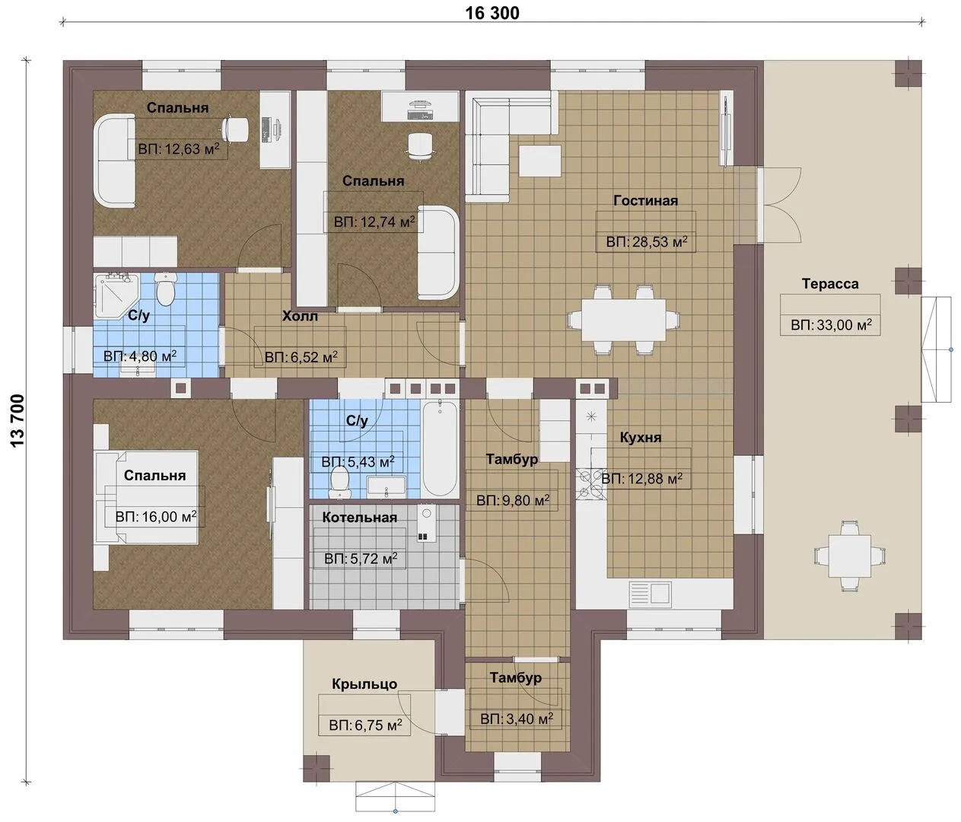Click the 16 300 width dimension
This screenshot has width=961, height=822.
click(x=492, y=13)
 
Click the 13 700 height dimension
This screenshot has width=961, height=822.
click(x=18, y=421)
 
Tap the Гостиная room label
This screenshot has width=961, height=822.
click(x=645, y=200)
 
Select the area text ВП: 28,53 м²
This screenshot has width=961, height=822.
click(x=647, y=242)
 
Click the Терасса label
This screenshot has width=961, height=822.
click(x=830, y=283)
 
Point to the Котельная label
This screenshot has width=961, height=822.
click(x=359, y=518)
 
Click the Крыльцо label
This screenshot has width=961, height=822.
click(x=364, y=683)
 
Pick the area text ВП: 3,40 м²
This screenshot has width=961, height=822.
click(x=517, y=718)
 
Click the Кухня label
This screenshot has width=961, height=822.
click(x=640, y=438)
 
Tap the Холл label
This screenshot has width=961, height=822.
click(x=300, y=317)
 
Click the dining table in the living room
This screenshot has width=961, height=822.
click(x=623, y=320)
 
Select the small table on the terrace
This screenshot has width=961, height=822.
click(x=849, y=556)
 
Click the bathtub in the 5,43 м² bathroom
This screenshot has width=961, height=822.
click(x=439, y=448)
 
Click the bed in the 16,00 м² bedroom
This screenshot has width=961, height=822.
click(x=147, y=497)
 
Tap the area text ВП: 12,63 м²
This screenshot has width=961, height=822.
click(x=179, y=149)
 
